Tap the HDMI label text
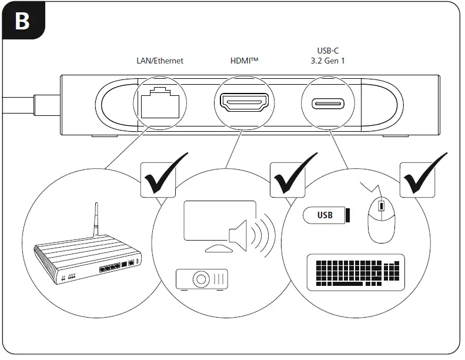click(243, 61)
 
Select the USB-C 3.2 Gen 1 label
click(327, 56)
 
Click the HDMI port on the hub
click(244, 104)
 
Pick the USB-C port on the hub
click(328, 104)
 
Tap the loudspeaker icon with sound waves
click(247, 234)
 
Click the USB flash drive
click(327, 215)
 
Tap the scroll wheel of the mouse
click(381, 206)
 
